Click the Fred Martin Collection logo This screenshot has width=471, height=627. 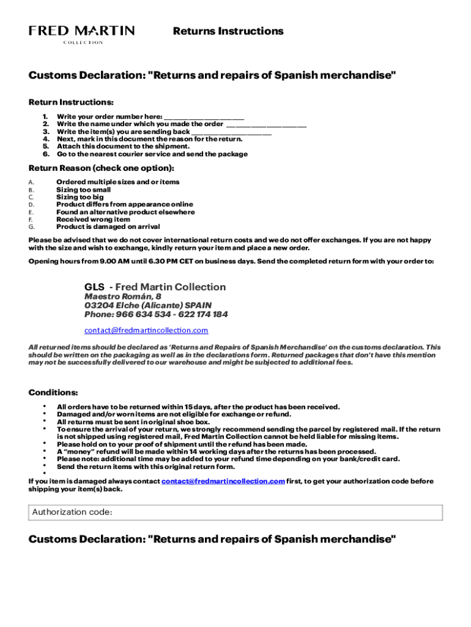(82, 34)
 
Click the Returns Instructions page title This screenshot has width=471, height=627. (228, 31)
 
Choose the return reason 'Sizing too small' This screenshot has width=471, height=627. (84, 190)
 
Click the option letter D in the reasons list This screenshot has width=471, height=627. (31, 205)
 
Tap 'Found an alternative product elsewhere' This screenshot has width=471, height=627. (125, 212)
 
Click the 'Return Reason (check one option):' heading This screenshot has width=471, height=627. (102, 167)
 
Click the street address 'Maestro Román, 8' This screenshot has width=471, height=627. (123, 296)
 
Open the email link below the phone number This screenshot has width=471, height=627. (146, 331)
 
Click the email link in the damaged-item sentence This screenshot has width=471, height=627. (223, 481)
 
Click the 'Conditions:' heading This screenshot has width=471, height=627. (53, 392)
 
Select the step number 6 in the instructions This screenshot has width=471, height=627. (45, 154)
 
